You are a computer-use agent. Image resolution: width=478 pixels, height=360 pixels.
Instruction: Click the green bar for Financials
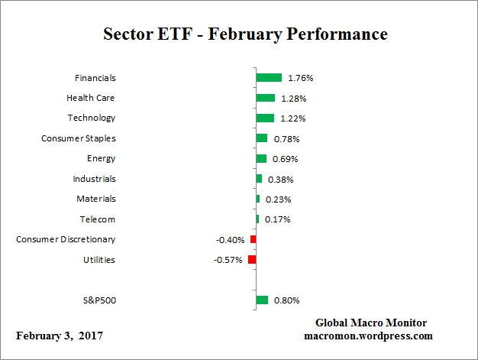[269, 77]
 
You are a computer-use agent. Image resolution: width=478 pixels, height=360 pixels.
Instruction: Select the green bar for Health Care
[266, 98]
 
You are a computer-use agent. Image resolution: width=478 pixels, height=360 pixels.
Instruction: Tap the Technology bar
[265, 118]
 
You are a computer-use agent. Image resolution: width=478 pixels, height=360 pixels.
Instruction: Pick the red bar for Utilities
[252, 260]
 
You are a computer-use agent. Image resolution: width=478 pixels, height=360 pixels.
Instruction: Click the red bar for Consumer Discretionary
[254, 239]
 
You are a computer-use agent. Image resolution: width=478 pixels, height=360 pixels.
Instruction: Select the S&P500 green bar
[262, 300]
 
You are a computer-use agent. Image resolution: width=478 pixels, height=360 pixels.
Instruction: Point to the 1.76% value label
[301, 78]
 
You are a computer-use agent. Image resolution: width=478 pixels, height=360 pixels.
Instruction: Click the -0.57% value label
[228, 260]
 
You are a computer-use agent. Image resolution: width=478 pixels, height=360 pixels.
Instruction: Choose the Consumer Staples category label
[78, 138]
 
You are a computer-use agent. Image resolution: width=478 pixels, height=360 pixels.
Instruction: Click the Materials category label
[95, 199]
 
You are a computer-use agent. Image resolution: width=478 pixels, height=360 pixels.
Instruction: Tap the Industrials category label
[94, 179]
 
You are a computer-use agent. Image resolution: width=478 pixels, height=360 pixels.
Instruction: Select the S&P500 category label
[98, 300]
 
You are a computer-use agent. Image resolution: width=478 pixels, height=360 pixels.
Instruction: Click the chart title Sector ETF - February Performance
[245, 34]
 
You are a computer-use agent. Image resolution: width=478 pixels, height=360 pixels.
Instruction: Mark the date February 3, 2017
[60, 336]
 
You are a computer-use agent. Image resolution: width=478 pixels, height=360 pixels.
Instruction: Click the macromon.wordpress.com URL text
[369, 336]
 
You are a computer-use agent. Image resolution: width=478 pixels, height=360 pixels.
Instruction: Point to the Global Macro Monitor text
[370, 323]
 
